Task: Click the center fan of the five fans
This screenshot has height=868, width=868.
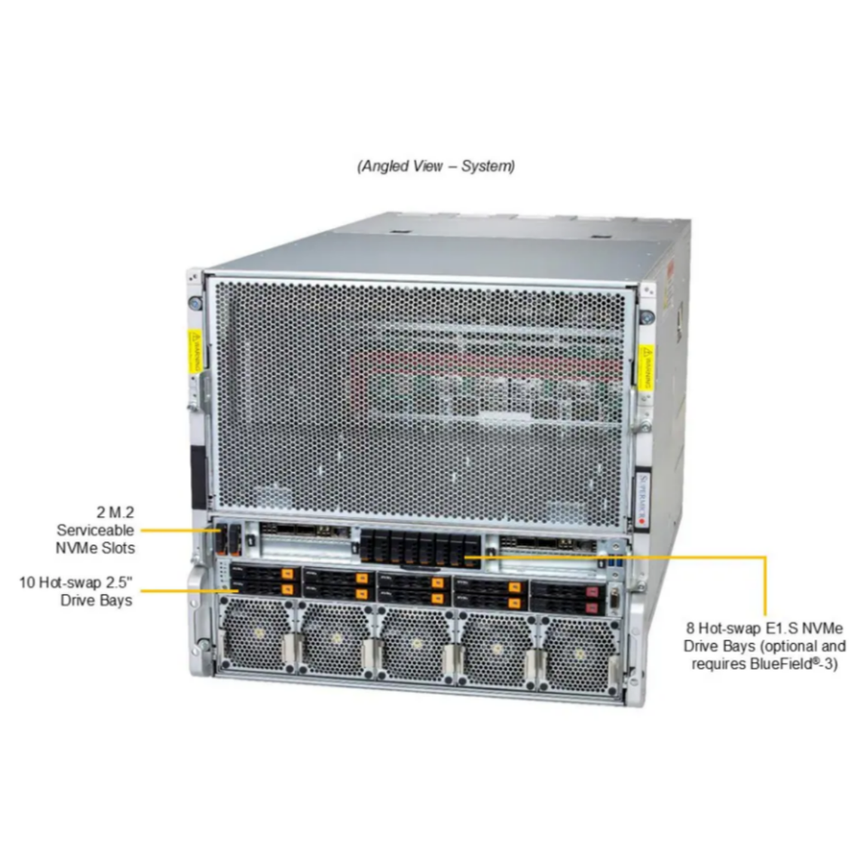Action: [x=415, y=644]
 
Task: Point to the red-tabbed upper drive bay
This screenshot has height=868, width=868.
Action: [x=563, y=590]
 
